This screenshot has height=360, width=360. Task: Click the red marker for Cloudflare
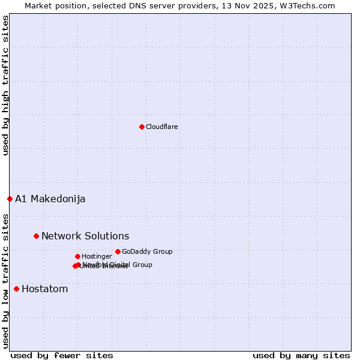[142, 127]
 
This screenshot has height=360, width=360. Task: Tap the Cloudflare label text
[161, 127]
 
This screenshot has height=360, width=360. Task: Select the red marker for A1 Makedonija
[10, 199]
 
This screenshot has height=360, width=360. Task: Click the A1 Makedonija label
[50, 199]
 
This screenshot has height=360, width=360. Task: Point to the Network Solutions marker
[36, 236]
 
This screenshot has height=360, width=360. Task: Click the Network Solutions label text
[85, 236]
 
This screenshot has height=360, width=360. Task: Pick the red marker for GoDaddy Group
[118, 251]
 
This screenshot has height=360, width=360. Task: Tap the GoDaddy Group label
[147, 251]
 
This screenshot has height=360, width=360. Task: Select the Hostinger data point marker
[77, 256]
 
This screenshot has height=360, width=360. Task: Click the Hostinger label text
[97, 256]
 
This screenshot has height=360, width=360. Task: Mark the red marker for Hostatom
[16, 289]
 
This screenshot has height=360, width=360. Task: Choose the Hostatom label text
[44, 289]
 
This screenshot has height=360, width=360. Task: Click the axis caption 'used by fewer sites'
[62, 355]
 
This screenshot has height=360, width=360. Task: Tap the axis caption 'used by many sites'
[301, 355]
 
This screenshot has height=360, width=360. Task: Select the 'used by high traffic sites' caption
[5, 85]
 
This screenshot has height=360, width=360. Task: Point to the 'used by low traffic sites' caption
[5, 280]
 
